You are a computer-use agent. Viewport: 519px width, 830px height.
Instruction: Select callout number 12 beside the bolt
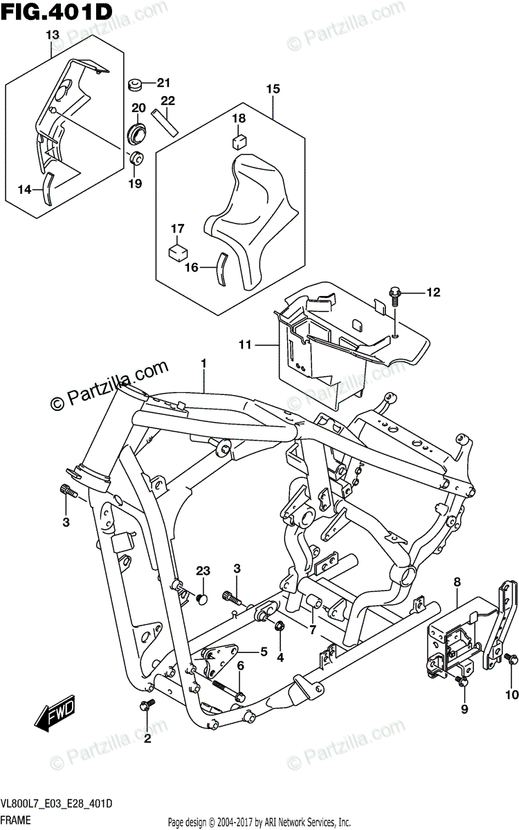pos(433,293)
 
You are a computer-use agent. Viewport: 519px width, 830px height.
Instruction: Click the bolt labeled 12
pos(394,297)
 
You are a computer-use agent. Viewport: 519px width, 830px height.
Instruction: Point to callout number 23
pos(203,571)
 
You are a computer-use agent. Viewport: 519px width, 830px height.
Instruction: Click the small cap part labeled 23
pos(202,598)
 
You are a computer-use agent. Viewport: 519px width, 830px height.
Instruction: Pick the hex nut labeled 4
pos(280,626)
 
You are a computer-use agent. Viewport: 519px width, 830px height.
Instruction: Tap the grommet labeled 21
pos(137,85)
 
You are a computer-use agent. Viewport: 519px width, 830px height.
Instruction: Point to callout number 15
pos(273,89)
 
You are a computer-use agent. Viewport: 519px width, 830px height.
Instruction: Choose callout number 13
pos(53,35)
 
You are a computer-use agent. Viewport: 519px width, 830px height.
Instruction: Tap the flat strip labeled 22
pos(165,122)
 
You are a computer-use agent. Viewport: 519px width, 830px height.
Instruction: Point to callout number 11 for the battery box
pos(245,345)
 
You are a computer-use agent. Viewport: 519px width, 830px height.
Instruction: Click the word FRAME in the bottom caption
pos(15,820)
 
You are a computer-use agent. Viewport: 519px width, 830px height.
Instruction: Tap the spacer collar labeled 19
pos(136,159)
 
